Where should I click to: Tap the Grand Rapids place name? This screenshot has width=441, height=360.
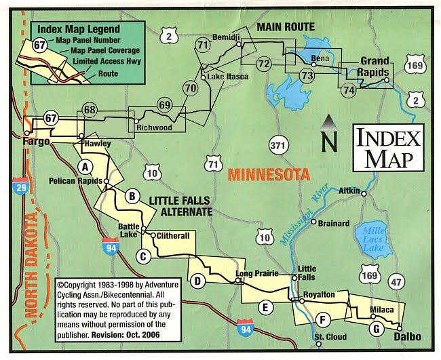click(x=374, y=65)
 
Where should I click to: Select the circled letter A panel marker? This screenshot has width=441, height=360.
click(x=85, y=165)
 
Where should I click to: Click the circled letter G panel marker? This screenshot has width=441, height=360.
click(x=375, y=329)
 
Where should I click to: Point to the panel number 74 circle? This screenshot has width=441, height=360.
click(x=349, y=89)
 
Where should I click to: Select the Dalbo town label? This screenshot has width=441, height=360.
click(x=407, y=337)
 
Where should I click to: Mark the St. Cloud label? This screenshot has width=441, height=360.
click(x=330, y=337)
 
